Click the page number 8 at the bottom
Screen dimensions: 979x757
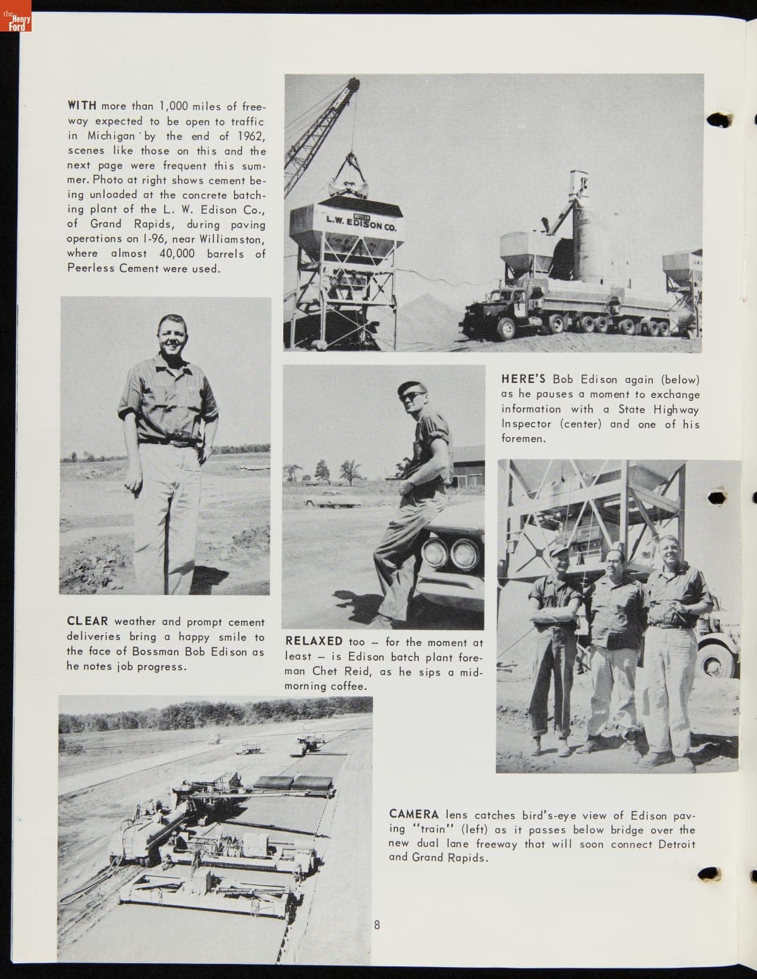377,925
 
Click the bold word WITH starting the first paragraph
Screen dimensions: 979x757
81,106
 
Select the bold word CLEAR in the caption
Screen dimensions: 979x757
88,621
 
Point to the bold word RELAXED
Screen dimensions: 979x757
314,642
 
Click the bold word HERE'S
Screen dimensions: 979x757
524,379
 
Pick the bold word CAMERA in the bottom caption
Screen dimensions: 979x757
414,814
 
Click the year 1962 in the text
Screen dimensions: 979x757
251,136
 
